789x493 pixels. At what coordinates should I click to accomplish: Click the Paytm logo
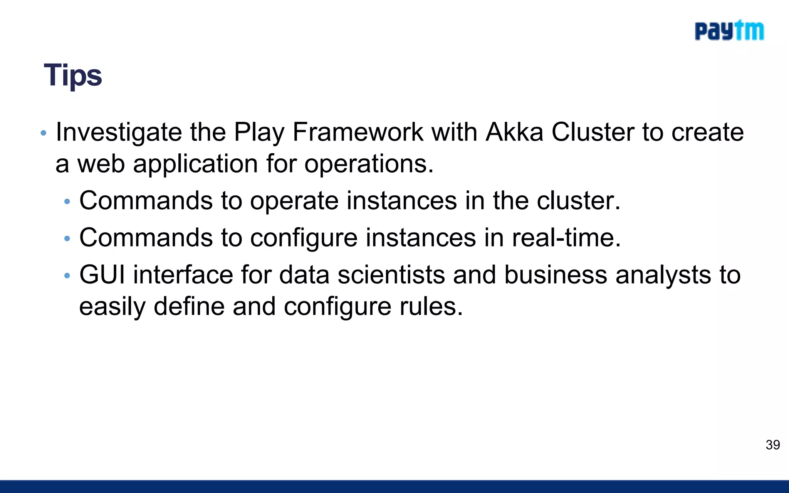(x=729, y=31)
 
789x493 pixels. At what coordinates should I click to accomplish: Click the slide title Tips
(x=73, y=75)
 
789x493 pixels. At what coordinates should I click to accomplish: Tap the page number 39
(x=772, y=445)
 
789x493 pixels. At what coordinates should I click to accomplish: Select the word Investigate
(x=119, y=132)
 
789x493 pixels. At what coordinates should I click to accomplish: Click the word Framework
(x=358, y=132)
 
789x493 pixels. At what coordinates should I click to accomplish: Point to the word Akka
(x=514, y=132)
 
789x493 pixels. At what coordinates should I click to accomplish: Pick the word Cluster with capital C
(x=593, y=132)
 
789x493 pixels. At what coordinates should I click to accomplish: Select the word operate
(x=294, y=201)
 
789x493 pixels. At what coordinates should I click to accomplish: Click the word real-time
(x=566, y=238)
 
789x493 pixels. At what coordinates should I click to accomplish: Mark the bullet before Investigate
(x=44, y=133)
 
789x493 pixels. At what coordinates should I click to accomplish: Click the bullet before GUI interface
(x=67, y=276)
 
